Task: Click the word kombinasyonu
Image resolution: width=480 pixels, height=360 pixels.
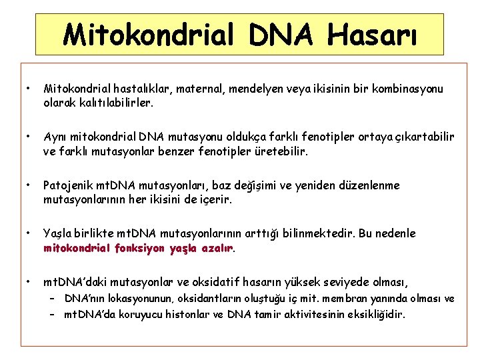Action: [x=408, y=89]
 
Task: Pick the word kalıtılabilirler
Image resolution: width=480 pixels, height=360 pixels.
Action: [x=116, y=103]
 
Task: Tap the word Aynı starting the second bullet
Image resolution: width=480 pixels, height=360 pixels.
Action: [x=55, y=137]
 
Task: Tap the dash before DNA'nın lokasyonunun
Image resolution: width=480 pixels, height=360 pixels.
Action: [x=51, y=298]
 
